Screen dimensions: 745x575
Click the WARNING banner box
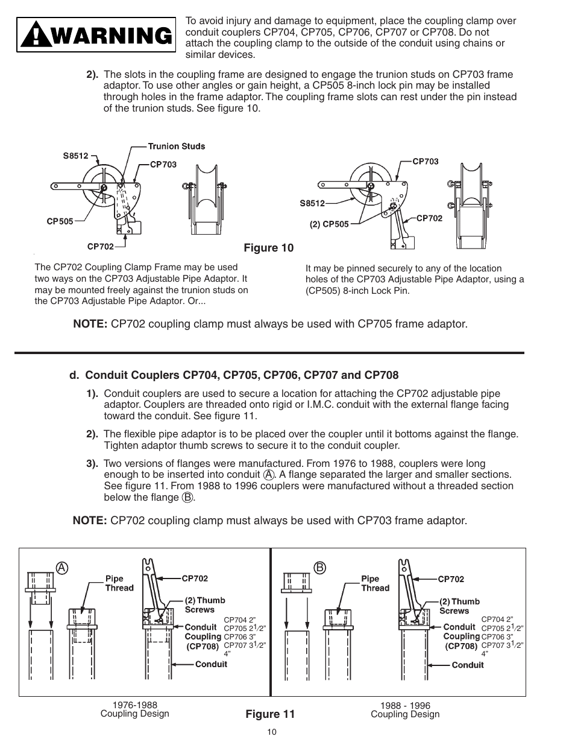[x=96, y=37]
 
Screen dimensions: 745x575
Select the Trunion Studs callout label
[x=176, y=146]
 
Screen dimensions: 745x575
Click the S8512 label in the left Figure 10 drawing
[x=75, y=156]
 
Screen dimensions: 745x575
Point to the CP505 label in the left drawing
[x=60, y=221]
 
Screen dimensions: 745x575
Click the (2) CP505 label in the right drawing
[x=329, y=224]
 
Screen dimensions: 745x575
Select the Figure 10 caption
[x=268, y=248]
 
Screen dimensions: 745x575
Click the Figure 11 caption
[x=269, y=714]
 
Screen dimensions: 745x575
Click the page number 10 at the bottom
[x=271, y=732]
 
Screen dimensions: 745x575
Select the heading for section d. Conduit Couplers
[x=233, y=375]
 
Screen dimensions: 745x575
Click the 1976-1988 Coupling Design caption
[x=134, y=709]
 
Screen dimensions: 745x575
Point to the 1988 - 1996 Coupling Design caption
[x=404, y=710]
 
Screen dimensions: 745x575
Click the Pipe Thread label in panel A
[x=119, y=583]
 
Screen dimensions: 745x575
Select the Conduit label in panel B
[x=467, y=665]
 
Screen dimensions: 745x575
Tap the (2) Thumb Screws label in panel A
[x=204, y=604]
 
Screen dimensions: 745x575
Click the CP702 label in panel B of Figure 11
[x=450, y=579]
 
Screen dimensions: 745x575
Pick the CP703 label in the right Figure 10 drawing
[x=425, y=162]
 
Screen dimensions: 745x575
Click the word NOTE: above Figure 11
[x=90, y=520]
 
